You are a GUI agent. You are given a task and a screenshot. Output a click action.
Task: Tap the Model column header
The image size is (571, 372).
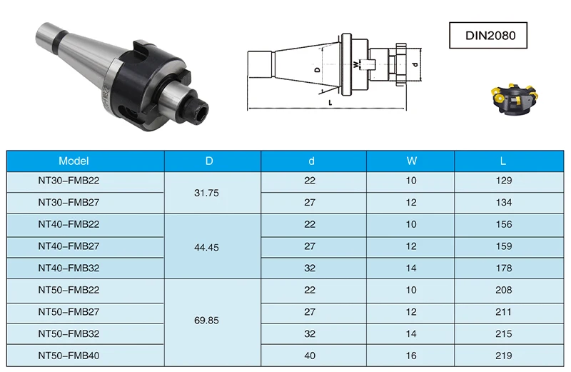[74, 161]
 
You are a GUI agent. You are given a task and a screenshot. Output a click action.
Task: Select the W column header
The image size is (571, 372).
[410, 161]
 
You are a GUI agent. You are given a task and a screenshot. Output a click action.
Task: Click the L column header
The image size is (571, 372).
[504, 161]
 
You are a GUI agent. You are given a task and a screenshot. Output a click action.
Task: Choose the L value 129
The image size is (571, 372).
[504, 181]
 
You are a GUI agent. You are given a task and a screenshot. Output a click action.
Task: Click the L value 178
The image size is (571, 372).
[504, 268]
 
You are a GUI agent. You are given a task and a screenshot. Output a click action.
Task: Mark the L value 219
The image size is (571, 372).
[504, 356]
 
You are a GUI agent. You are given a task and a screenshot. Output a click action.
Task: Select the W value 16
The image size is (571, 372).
[410, 356]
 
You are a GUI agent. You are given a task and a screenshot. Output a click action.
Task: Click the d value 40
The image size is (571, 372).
[310, 356]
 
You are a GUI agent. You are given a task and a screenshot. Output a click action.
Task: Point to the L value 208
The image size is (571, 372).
[504, 291]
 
